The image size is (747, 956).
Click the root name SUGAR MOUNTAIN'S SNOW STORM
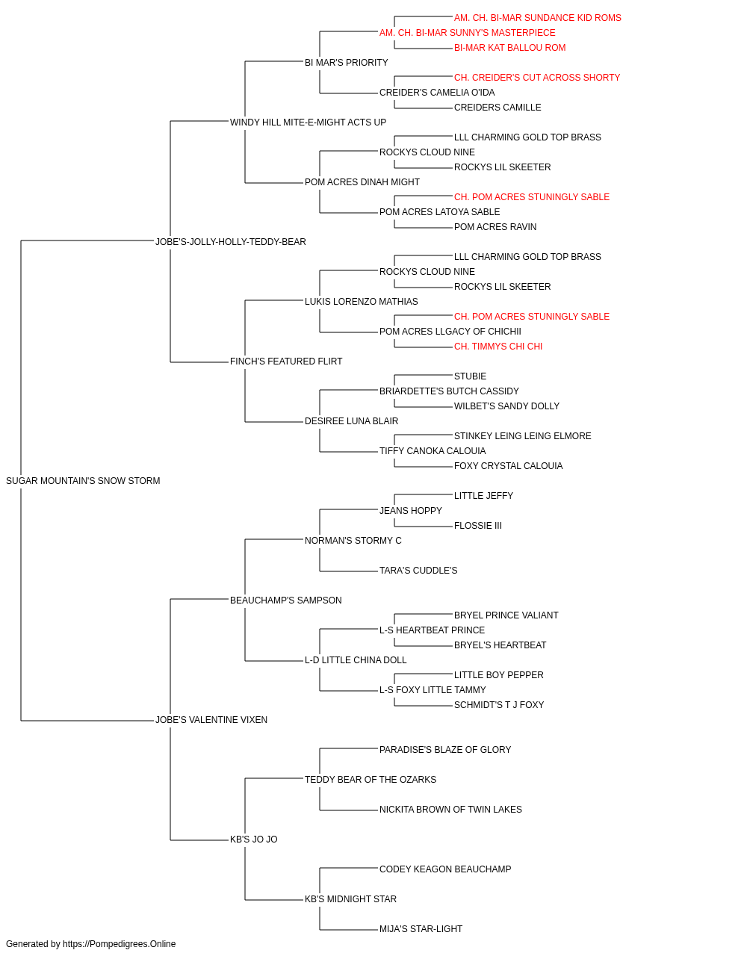click(x=83, y=481)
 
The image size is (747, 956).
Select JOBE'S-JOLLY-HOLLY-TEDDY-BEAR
click(x=230, y=241)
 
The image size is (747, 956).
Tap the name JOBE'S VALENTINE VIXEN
click(x=211, y=720)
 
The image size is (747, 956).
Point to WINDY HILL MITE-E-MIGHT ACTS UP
click(x=308, y=122)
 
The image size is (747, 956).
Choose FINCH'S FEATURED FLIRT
click(x=286, y=361)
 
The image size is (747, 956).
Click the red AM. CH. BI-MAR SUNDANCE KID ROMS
click(x=538, y=18)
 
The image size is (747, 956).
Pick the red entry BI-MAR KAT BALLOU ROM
click(x=510, y=48)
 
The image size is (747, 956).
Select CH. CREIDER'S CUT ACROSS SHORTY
click(x=537, y=78)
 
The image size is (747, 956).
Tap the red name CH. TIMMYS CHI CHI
click(x=498, y=347)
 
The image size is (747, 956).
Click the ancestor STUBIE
click(x=471, y=376)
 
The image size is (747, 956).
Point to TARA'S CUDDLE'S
click(x=418, y=571)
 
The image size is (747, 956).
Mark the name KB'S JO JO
click(x=253, y=839)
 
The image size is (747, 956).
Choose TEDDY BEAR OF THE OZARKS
click(x=371, y=780)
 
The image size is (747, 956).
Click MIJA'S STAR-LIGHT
click(x=421, y=929)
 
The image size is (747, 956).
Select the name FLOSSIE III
click(x=478, y=526)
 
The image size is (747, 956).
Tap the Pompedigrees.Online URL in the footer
click(x=120, y=944)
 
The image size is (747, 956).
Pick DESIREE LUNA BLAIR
click(x=352, y=421)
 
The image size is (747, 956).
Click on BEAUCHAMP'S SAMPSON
click(x=285, y=600)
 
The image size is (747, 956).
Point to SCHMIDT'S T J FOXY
click(x=499, y=705)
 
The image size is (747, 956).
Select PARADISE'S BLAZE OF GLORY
click(x=445, y=750)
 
